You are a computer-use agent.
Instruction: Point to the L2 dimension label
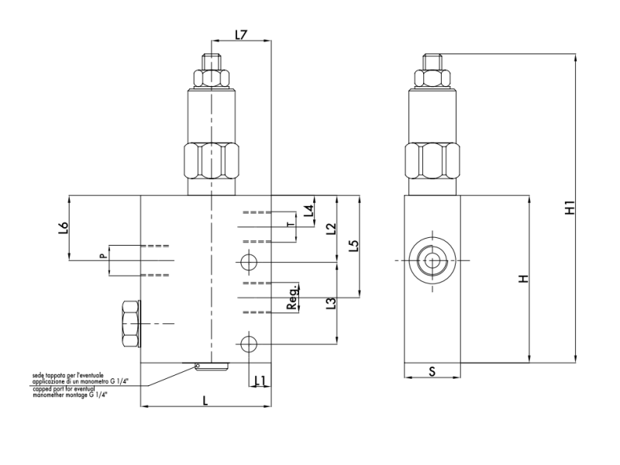pyautogui.click(x=331, y=229)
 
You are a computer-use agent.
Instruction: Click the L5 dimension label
pyautogui.click(x=353, y=246)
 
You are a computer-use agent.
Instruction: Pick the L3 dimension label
pyautogui.click(x=331, y=303)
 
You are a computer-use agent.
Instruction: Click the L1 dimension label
pyautogui.click(x=260, y=380)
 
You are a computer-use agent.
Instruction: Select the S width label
pyautogui.click(x=432, y=371)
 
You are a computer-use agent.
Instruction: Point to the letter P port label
pyautogui.click(x=102, y=255)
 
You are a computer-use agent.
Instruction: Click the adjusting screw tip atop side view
pyautogui.click(x=432, y=60)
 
